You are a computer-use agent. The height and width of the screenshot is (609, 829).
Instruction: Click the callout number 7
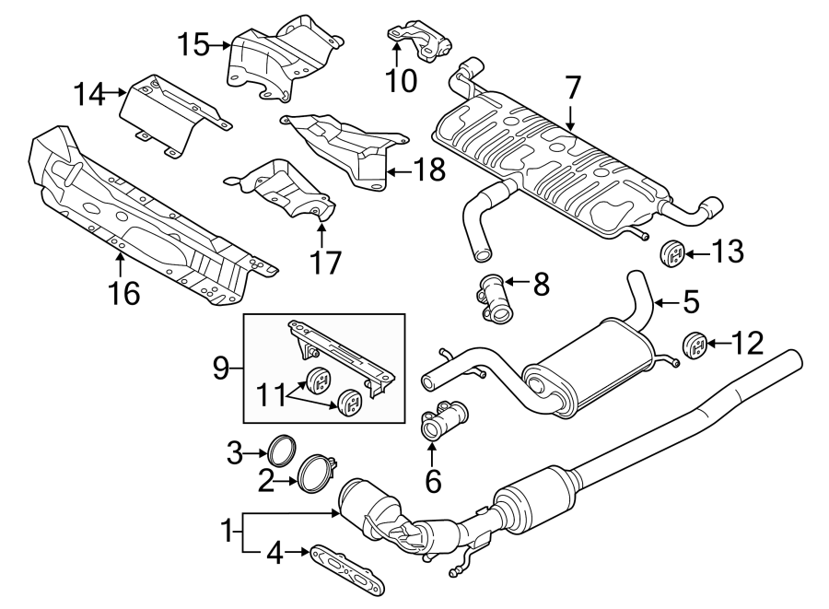tap(573, 89)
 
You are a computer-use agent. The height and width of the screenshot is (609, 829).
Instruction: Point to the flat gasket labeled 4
tap(345, 568)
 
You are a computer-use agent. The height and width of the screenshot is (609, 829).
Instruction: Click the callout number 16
tap(124, 294)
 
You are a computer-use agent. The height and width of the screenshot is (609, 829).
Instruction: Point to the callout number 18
tap(430, 169)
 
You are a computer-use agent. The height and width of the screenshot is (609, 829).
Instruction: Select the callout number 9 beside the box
tap(219, 369)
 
